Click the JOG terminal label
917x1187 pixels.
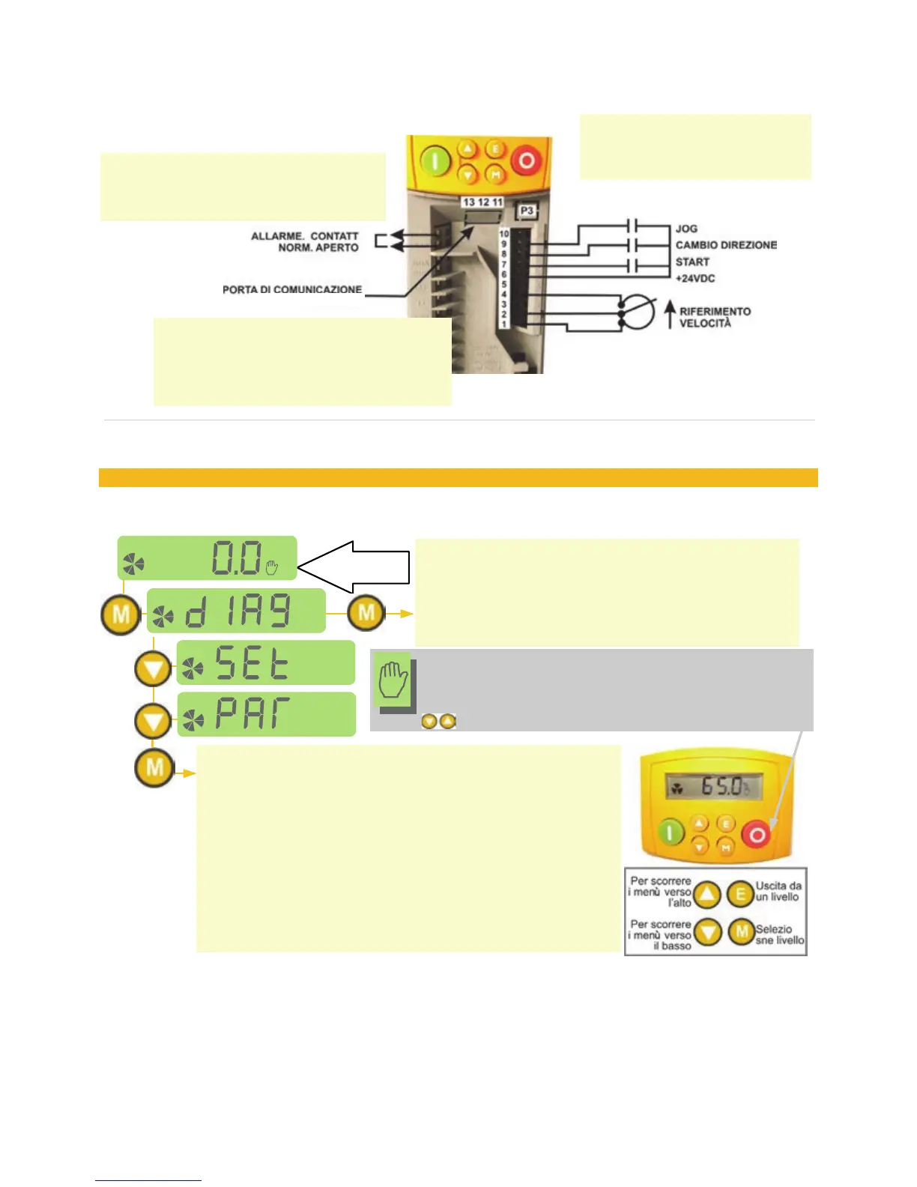pos(686,229)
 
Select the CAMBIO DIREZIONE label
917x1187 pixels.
pos(726,245)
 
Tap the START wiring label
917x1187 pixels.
pos(692,262)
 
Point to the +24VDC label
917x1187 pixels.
pos(695,278)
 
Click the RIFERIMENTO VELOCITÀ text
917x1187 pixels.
pos(715,317)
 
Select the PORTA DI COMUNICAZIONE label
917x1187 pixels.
pos(292,289)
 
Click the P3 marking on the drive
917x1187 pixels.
pos(527,211)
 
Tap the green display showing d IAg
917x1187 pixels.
pos(236,611)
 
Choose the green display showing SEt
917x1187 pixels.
pos(265,662)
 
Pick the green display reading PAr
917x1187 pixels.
pos(266,714)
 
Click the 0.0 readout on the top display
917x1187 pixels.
pos(237,558)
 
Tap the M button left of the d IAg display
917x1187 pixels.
pos(121,615)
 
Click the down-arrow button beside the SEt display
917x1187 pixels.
pos(154,668)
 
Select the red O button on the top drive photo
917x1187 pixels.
pos(527,161)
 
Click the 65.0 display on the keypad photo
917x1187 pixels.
pos(715,787)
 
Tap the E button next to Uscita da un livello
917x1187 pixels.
pos(741,894)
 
